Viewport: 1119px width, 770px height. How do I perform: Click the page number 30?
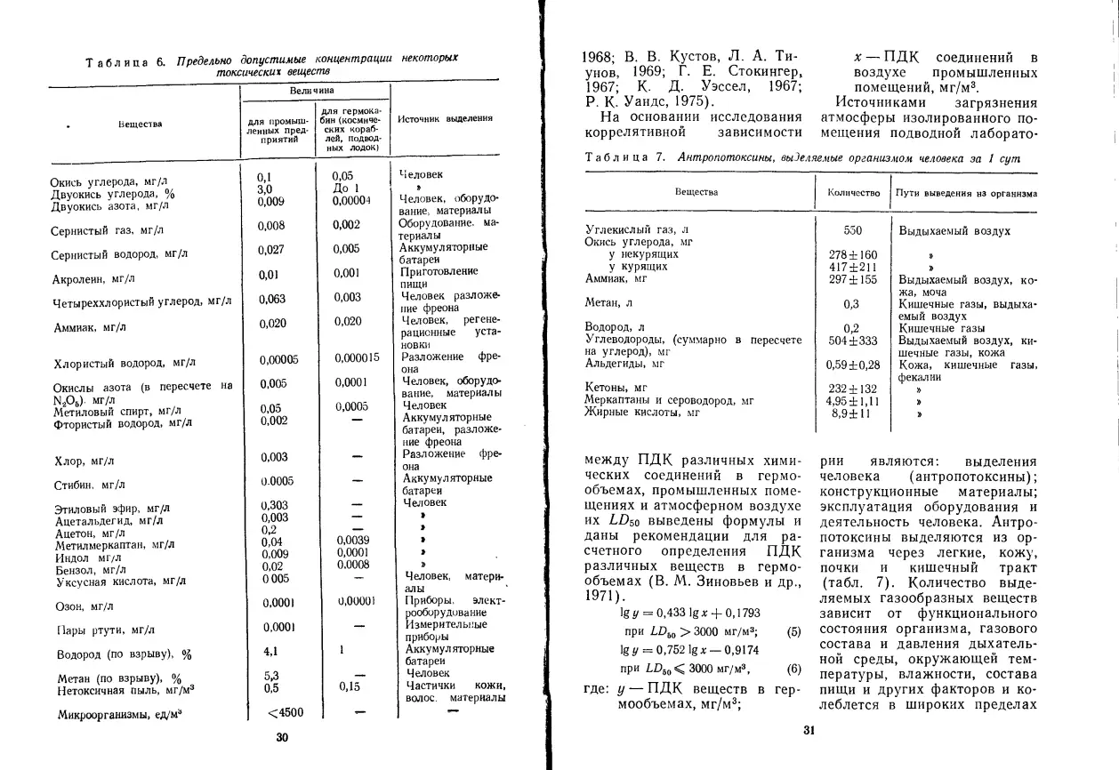click(282, 736)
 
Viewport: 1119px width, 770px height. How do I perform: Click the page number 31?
click(809, 731)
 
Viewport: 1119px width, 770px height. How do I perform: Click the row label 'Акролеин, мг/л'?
click(89, 278)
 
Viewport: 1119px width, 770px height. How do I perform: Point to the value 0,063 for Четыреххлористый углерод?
click(273, 299)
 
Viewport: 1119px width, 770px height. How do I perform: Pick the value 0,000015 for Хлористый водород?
click(357, 358)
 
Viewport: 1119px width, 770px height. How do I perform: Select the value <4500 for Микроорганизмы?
click(286, 711)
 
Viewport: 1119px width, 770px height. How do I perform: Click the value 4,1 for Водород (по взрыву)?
click(271, 651)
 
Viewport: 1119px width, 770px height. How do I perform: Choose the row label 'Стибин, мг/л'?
click(88, 485)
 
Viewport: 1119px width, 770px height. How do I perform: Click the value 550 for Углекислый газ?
click(852, 230)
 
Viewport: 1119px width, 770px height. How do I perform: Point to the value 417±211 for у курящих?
click(852, 267)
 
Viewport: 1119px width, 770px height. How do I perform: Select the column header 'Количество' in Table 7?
click(853, 192)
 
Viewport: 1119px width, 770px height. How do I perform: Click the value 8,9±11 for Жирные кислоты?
click(851, 413)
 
